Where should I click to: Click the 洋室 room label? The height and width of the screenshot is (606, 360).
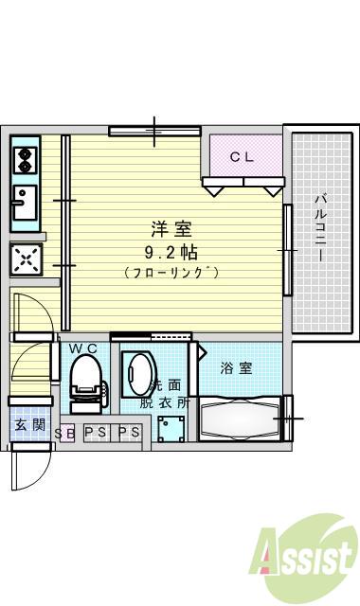[171, 229]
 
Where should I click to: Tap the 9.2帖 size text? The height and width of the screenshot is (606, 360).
[171, 252]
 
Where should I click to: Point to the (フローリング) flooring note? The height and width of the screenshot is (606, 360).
[171, 273]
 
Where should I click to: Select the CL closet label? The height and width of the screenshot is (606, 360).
[243, 157]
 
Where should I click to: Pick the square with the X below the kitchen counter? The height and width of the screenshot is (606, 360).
[26, 258]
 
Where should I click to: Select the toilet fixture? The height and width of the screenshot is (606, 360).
[85, 379]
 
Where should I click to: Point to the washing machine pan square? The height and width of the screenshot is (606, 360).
[173, 426]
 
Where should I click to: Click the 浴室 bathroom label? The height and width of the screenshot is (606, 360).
[237, 368]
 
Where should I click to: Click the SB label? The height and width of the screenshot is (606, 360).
[65, 434]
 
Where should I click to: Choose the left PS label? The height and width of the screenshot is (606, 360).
[96, 434]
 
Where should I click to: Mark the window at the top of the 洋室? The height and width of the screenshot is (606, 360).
[153, 131]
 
